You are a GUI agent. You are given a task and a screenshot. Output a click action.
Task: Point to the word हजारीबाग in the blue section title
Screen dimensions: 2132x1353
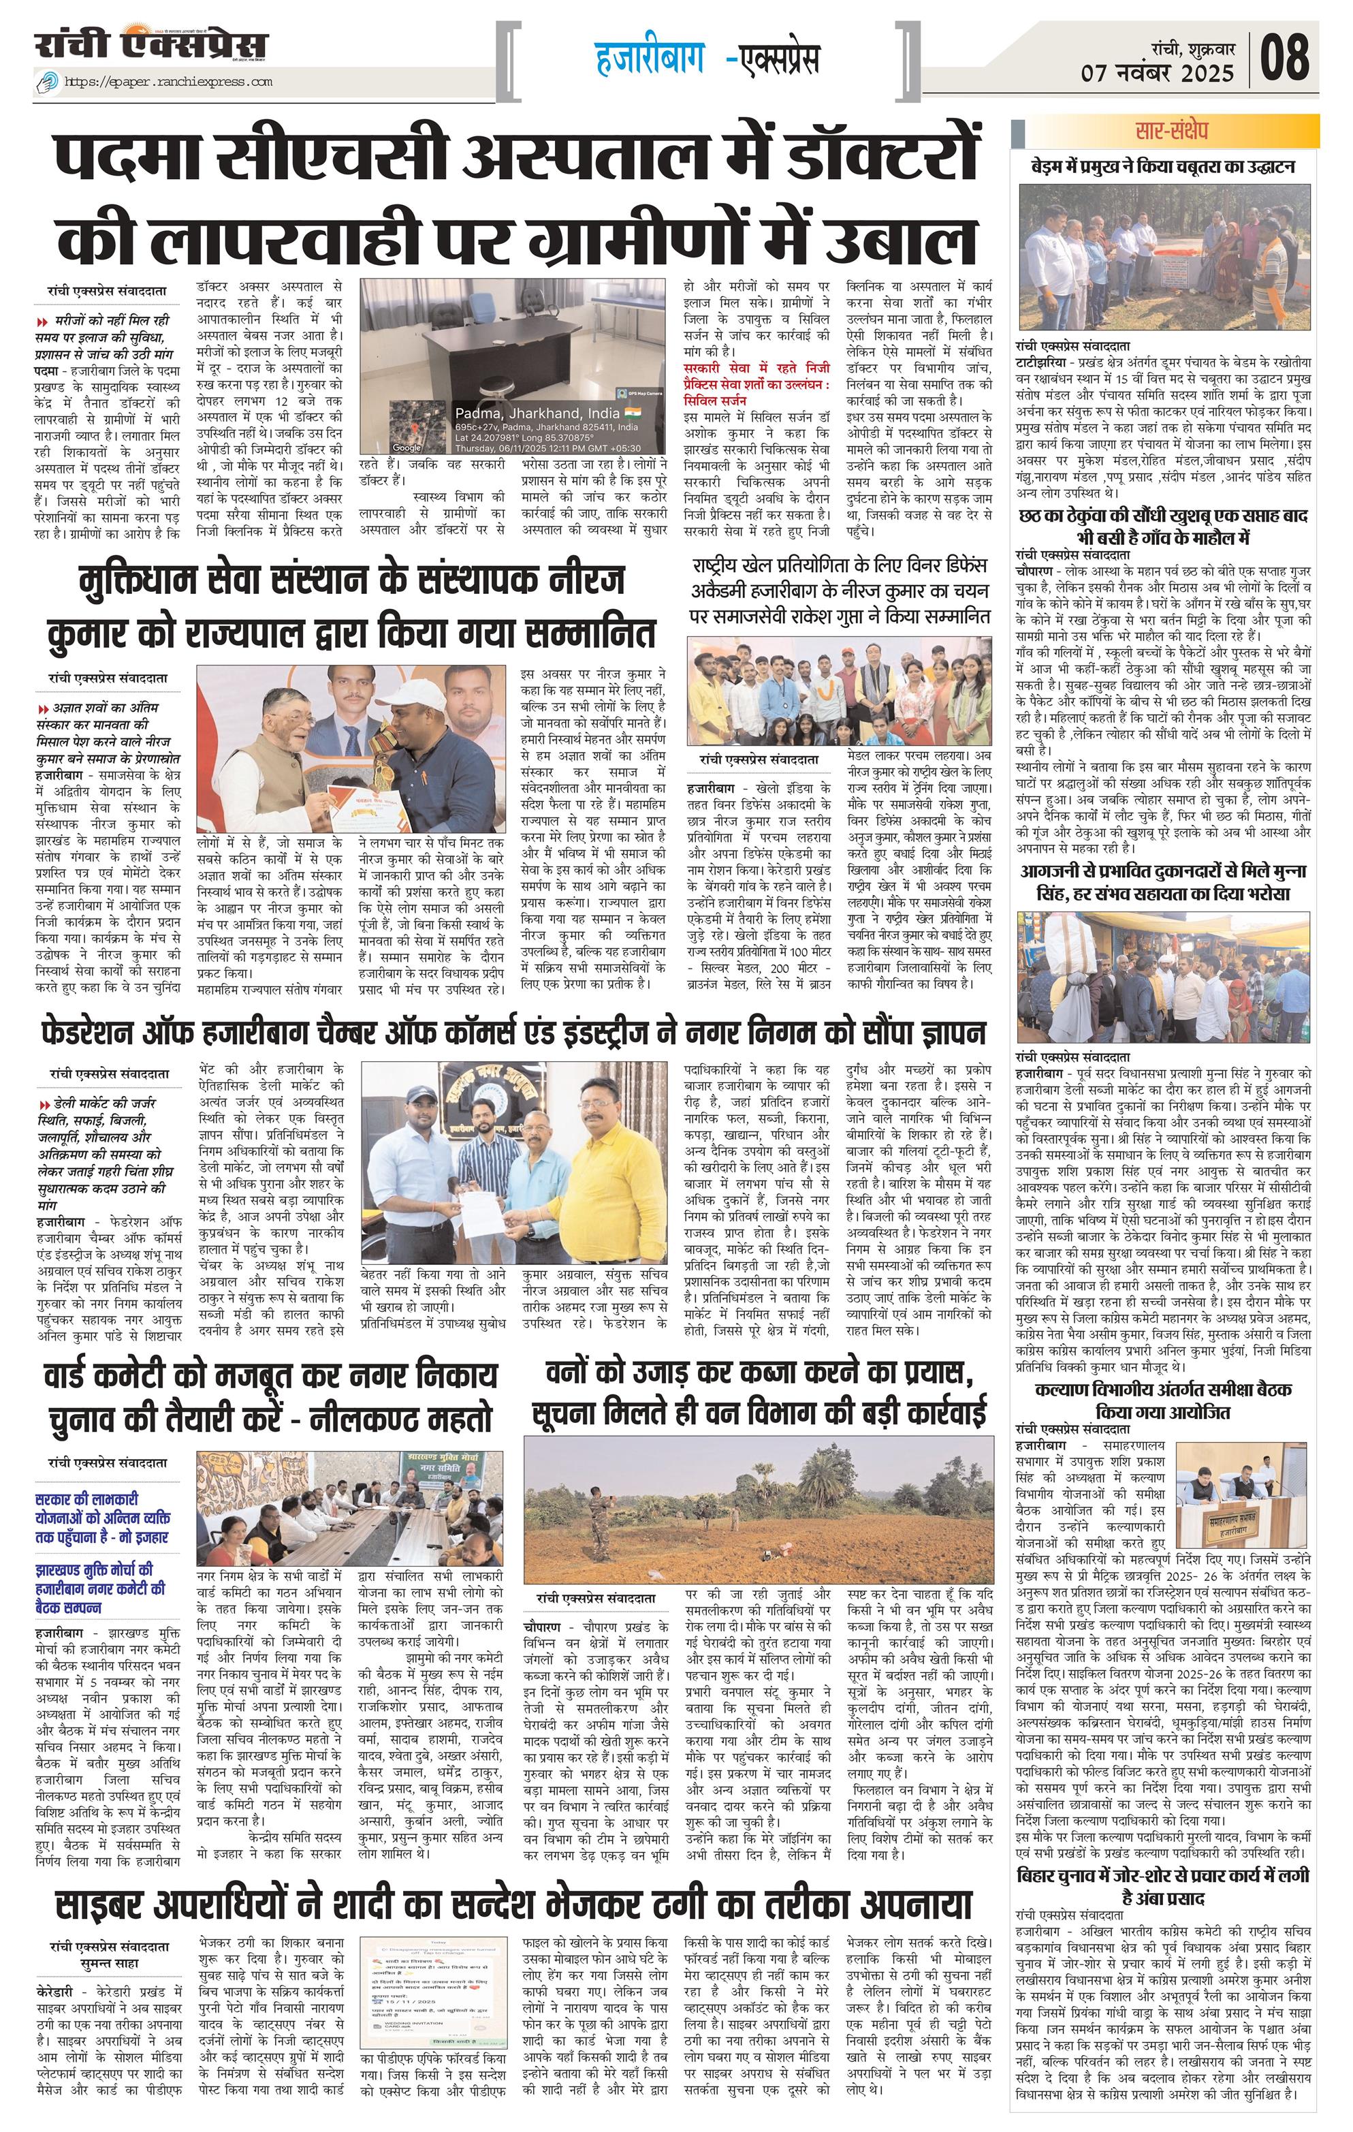tap(650, 59)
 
